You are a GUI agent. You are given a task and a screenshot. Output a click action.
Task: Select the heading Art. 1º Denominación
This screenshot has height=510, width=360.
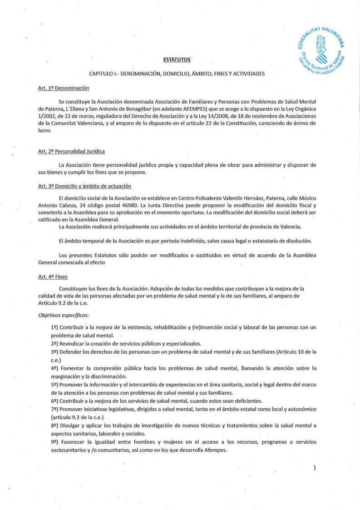(64, 88)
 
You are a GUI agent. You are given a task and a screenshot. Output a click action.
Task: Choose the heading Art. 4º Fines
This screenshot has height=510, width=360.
(53, 276)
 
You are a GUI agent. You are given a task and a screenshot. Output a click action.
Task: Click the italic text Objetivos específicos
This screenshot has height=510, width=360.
(64, 314)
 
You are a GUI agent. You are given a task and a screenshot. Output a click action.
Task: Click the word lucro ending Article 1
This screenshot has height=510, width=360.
(45, 130)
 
